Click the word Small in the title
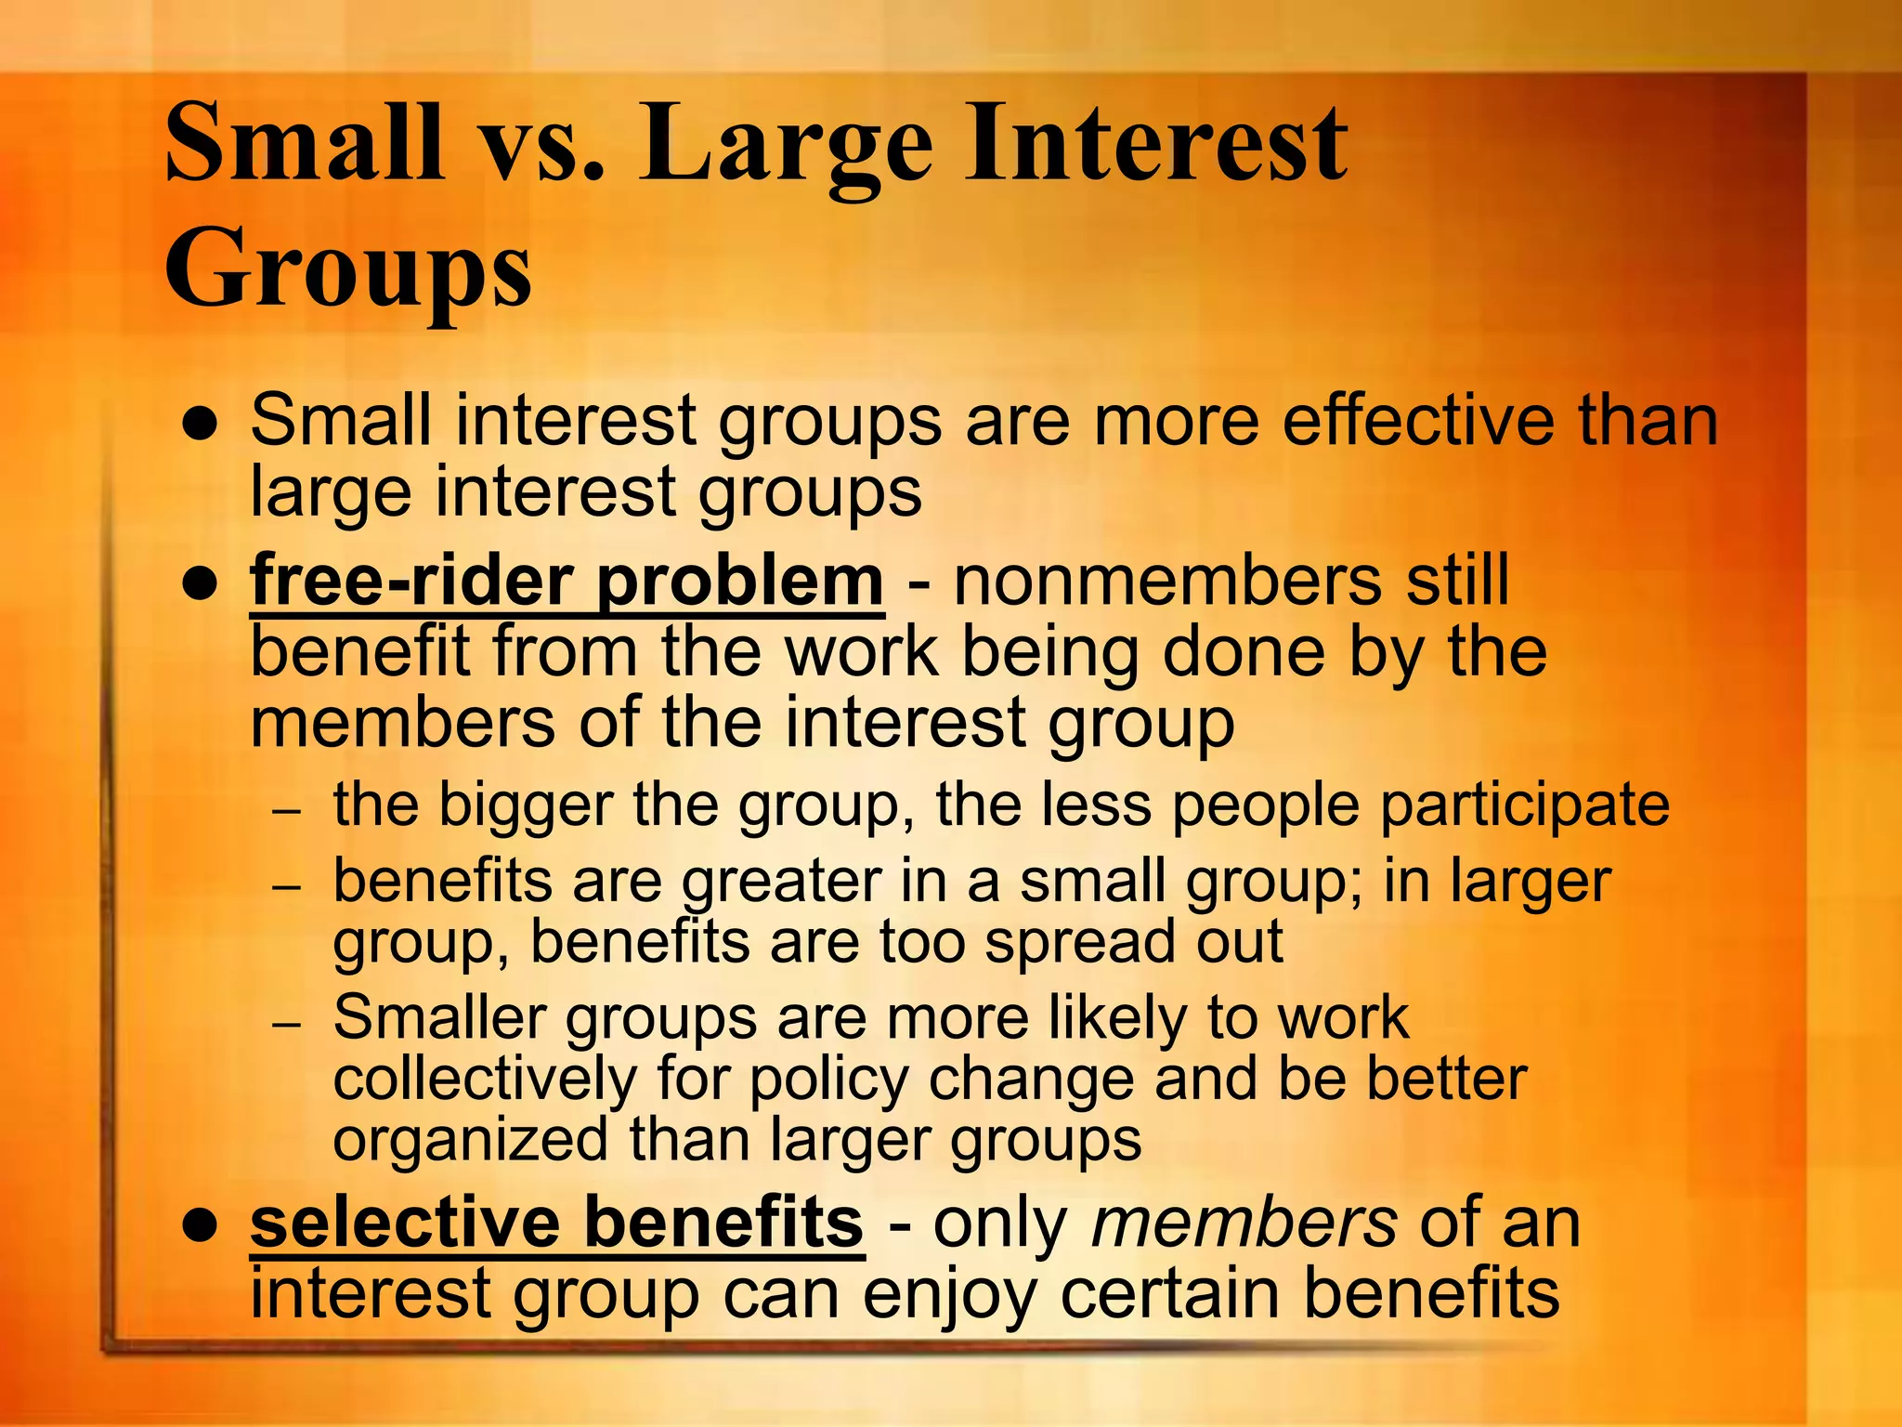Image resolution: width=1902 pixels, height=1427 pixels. point(304,144)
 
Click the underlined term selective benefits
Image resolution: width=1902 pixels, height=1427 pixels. point(557,1224)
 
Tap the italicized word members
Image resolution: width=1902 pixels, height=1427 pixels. point(1244,1224)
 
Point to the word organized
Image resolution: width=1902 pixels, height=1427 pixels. point(470,1141)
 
